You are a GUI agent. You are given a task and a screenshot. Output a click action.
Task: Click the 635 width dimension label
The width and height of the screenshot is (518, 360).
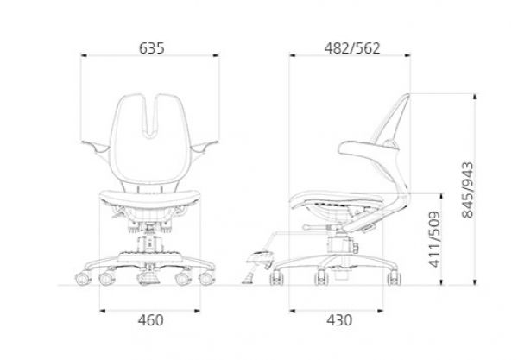coord(151,48)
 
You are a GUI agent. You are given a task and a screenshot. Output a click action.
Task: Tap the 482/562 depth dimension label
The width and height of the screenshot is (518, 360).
coord(352,48)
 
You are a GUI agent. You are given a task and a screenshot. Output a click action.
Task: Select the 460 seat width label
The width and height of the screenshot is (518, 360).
coord(150,320)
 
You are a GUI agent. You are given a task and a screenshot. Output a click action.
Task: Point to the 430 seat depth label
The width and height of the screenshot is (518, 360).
coord(339,320)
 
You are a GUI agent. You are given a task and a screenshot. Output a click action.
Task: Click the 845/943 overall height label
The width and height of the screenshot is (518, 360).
coord(467,190)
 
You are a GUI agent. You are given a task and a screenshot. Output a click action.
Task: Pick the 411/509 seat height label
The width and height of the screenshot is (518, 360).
coord(434,239)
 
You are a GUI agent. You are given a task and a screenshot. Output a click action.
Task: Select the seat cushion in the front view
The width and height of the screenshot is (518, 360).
coord(150,198)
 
